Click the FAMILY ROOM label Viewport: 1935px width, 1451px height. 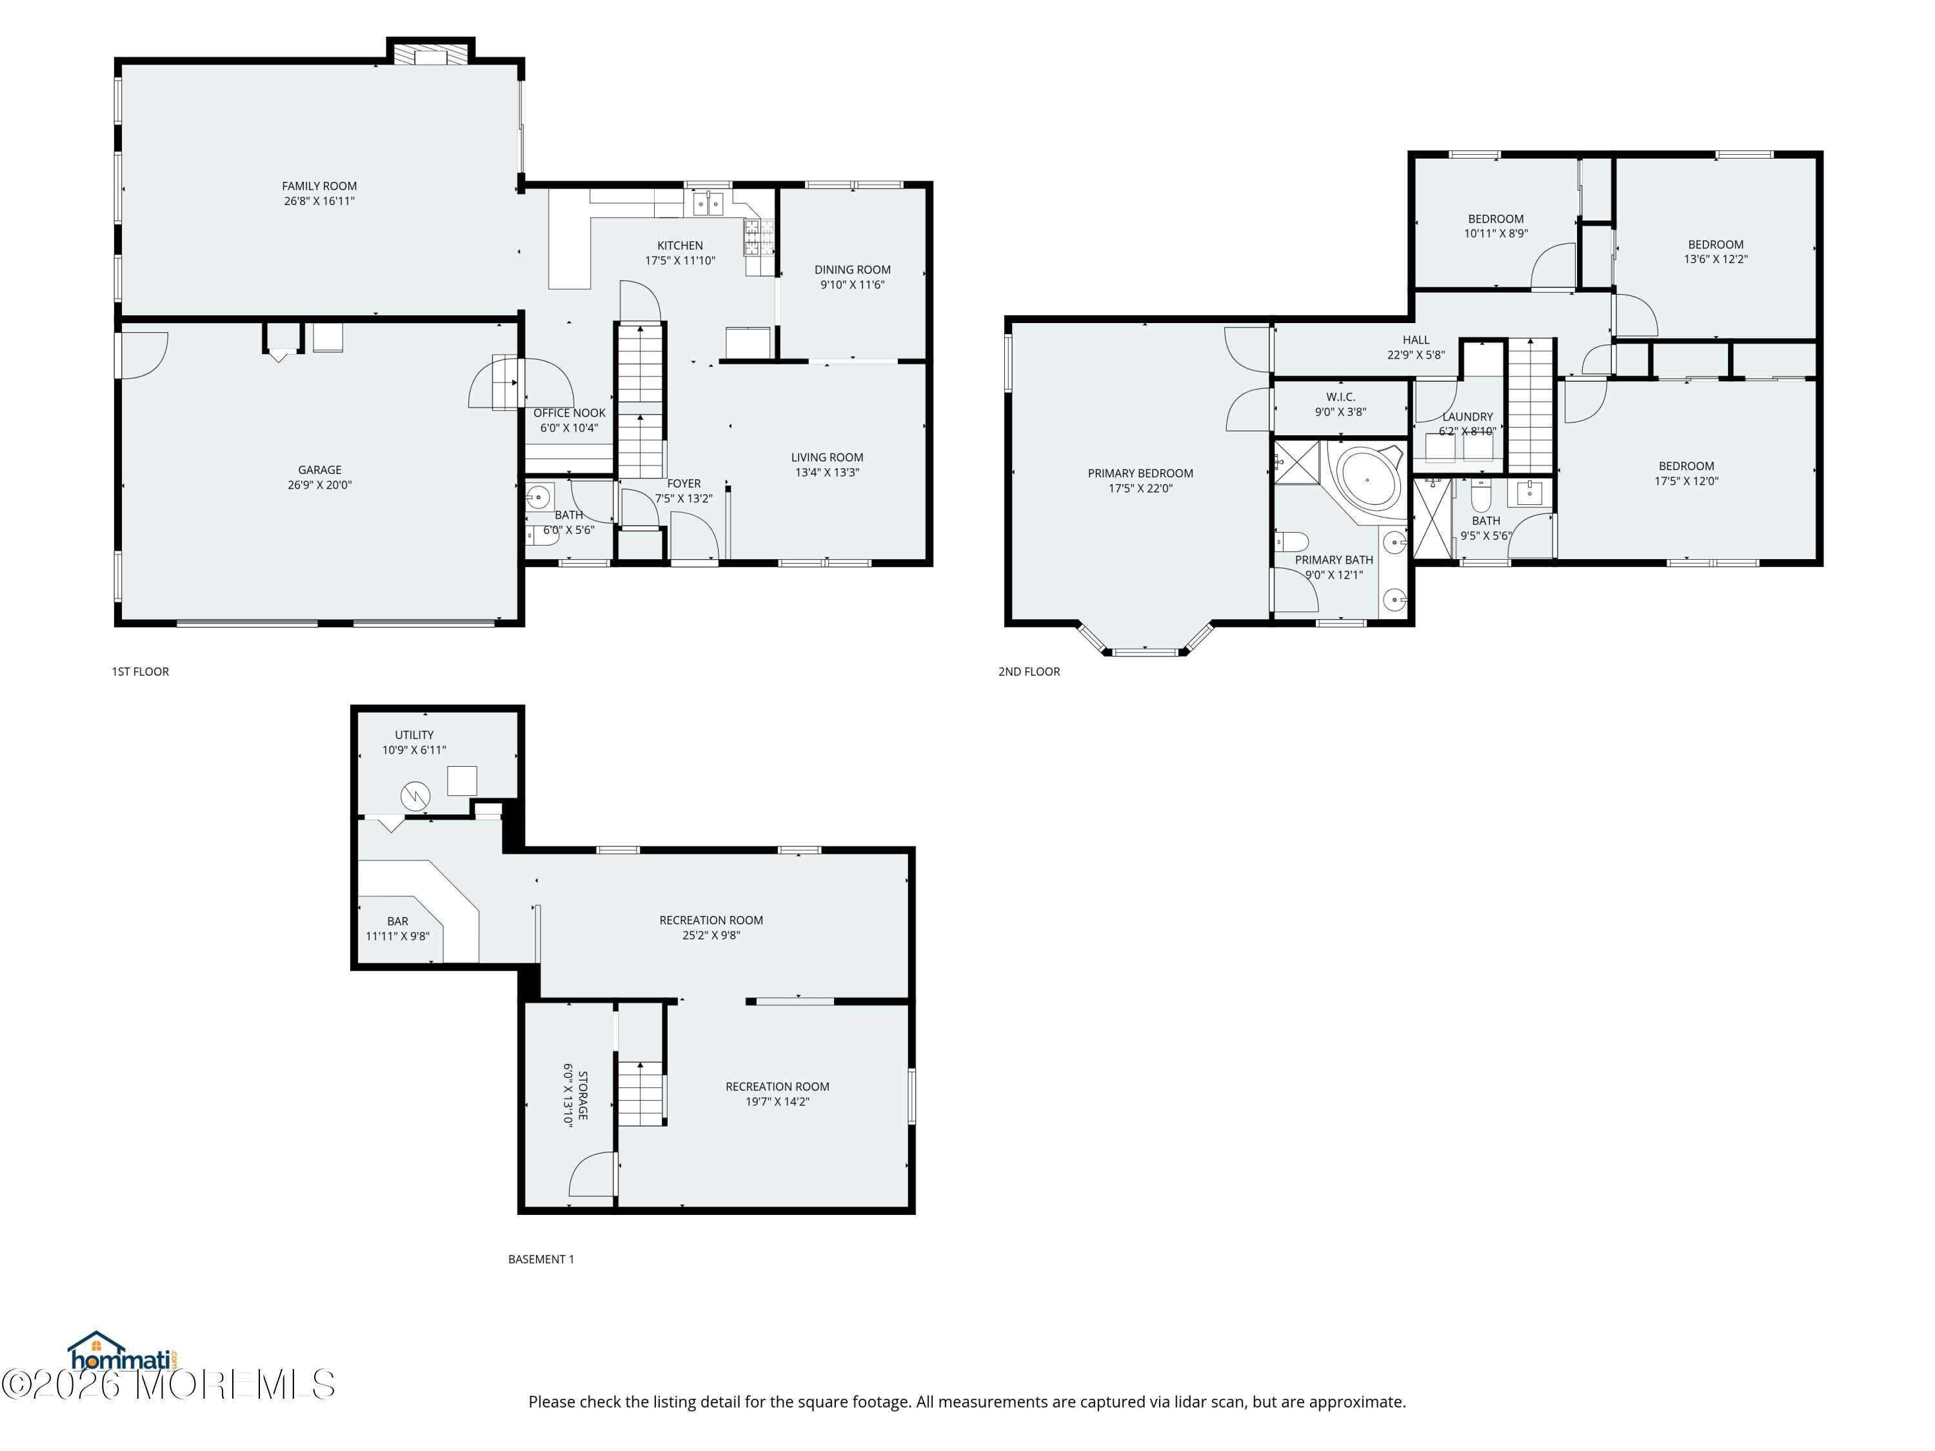click(x=319, y=186)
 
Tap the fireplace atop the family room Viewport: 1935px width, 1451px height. click(x=430, y=55)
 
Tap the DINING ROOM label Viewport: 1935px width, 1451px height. click(x=853, y=270)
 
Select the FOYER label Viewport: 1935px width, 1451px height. click(x=684, y=484)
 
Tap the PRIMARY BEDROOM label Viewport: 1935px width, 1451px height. click(x=1141, y=474)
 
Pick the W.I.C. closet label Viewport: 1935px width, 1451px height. click(x=1340, y=398)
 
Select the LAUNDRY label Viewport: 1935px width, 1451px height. click(x=1468, y=417)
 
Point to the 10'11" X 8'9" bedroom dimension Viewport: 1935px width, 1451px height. click(x=1496, y=234)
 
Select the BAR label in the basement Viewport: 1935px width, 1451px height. click(x=398, y=922)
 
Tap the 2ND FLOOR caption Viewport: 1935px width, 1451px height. click(x=1029, y=672)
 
